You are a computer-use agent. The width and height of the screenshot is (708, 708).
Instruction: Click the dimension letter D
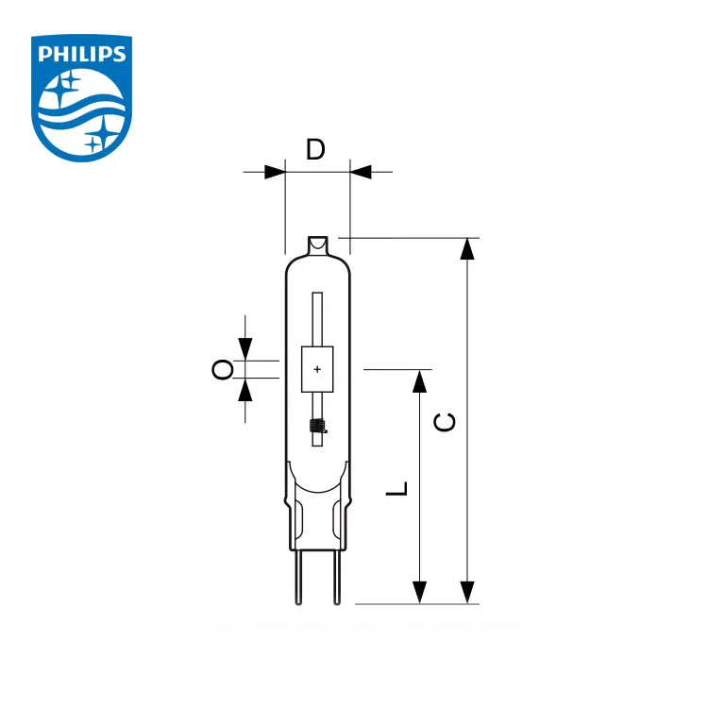316,149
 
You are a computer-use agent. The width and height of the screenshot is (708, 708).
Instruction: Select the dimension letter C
447,421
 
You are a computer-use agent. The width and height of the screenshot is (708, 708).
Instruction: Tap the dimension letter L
400,488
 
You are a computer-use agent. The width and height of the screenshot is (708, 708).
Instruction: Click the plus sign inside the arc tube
317,369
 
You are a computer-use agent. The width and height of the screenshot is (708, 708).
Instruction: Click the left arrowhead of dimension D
274,172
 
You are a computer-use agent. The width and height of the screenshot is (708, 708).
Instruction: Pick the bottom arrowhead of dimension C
466,592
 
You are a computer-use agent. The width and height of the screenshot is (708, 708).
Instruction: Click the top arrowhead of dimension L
420,380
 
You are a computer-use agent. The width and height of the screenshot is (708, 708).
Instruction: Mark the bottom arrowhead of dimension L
420,592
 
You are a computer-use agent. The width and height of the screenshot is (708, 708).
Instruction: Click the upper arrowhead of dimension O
245,350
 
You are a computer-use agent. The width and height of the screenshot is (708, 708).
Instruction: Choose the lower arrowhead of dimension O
245,388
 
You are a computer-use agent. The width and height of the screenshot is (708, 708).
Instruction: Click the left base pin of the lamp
301,578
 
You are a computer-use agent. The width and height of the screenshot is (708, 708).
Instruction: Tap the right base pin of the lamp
333,578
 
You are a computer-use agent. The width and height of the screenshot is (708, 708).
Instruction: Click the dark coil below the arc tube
317,427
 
